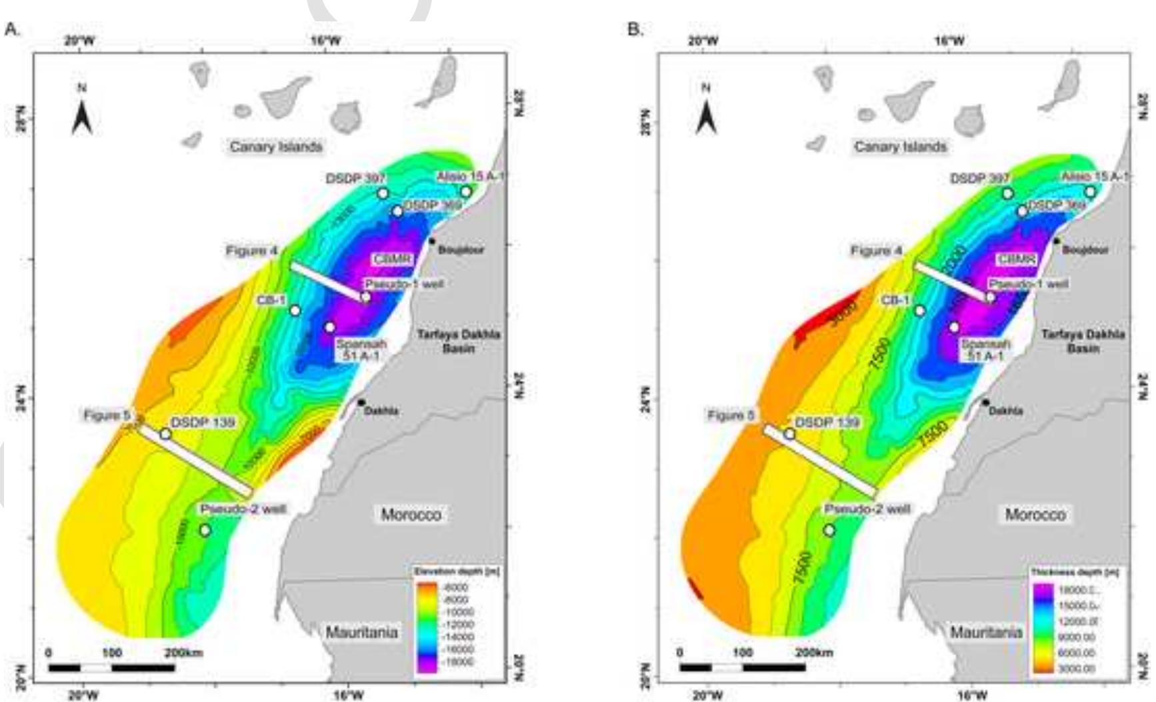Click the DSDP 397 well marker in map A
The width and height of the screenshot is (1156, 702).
click(383, 193)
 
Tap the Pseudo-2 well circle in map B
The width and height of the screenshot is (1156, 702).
click(829, 531)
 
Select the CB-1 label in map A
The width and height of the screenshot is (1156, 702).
click(271, 301)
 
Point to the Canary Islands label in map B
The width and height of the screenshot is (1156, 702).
click(900, 147)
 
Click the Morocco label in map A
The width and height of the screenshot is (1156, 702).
click(411, 515)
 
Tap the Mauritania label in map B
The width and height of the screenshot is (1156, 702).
click(986, 632)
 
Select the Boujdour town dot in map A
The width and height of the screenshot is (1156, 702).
click(432, 241)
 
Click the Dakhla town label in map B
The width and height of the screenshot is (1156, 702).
click(1006, 411)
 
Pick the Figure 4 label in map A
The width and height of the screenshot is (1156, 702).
click(251, 251)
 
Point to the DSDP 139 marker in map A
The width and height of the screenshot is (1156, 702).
click(165, 434)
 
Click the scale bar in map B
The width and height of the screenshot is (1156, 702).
click(742, 667)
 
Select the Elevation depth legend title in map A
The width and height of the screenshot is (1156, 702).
click(457, 572)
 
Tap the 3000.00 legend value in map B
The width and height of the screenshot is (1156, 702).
click(1076, 668)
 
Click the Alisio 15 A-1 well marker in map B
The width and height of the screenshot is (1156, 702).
click(1090, 192)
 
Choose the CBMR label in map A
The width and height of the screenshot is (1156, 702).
click(392, 259)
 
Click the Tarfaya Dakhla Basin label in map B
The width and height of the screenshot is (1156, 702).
click(1083, 341)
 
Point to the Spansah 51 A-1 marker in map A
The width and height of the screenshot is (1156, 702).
click(329, 327)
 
